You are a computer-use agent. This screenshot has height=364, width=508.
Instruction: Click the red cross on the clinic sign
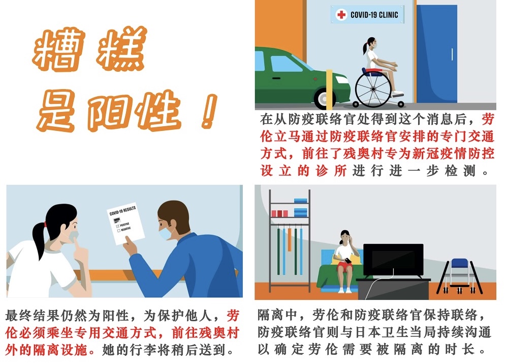(x=341, y=15)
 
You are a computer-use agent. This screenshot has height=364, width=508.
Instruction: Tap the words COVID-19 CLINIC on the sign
(x=374, y=15)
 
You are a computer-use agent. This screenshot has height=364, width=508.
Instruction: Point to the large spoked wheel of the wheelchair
(x=374, y=88)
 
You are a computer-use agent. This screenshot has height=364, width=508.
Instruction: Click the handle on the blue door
(x=452, y=54)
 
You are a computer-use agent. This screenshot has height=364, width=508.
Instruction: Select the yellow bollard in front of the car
(x=329, y=89)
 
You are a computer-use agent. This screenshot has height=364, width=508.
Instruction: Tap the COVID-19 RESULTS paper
(x=125, y=225)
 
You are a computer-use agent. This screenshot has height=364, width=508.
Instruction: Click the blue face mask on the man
(x=166, y=232)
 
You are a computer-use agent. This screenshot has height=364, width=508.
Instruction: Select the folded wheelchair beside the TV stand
(x=460, y=275)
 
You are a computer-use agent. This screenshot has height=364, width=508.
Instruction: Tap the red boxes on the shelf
(x=279, y=213)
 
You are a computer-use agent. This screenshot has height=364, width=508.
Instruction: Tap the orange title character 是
(x=57, y=110)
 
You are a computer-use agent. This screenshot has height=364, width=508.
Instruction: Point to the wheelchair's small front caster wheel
(x=401, y=104)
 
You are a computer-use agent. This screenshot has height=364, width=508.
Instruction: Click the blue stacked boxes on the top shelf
(x=300, y=207)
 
